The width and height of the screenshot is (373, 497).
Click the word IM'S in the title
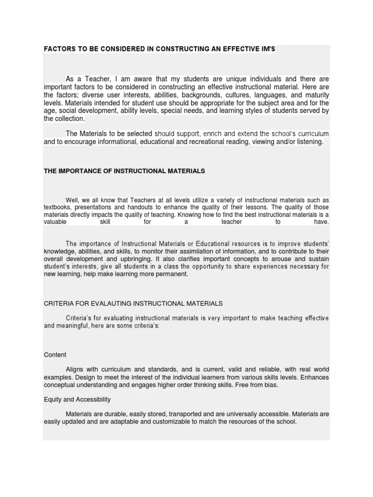pos(267,49)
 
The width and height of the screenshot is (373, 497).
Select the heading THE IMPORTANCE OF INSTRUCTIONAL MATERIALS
pos(124,171)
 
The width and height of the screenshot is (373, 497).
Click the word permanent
pos(170,274)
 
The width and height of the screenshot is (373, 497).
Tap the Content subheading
pos(55,355)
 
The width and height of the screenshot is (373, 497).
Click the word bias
pos(270,385)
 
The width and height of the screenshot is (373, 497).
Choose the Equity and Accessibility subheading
pos(77,399)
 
